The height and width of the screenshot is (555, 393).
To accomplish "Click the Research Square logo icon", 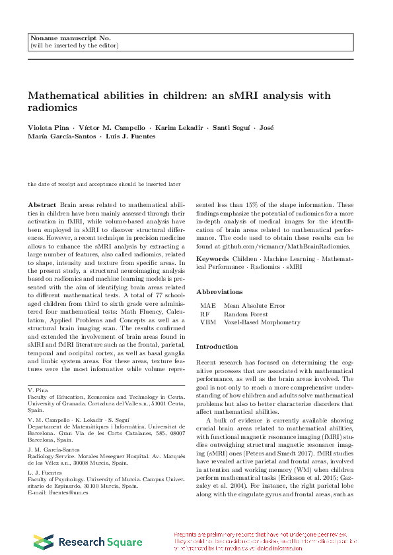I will (44, 542).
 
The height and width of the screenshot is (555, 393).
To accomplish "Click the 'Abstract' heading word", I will (43, 205).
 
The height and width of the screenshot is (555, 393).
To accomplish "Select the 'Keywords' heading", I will (213, 258).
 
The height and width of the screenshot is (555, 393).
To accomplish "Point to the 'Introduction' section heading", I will (217, 347).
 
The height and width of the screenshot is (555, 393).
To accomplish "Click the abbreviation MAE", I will (208, 306).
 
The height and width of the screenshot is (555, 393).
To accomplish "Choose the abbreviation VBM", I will (208, 322).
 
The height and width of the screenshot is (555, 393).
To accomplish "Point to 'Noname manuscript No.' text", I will (71, 39).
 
